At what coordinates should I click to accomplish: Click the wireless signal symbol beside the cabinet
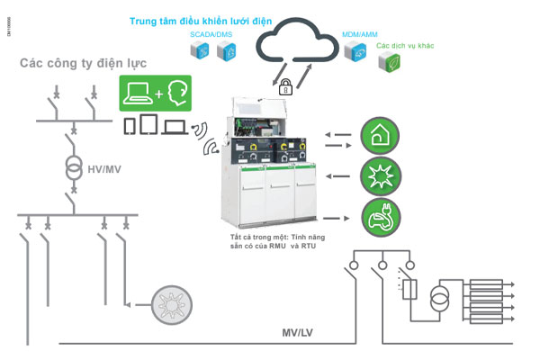(x=210, y=144)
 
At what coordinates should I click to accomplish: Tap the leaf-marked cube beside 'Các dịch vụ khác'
(x=393, y=60)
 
